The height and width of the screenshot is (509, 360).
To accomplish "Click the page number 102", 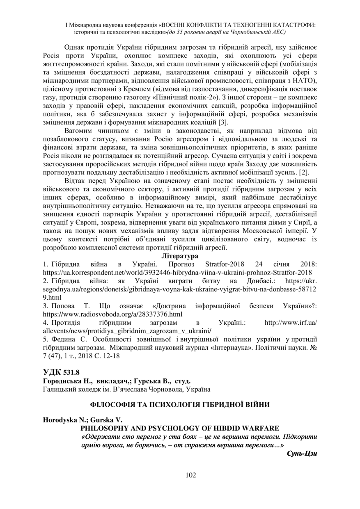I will [x=180, y=475].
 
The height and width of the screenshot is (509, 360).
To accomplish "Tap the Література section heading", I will [x=180, y=256].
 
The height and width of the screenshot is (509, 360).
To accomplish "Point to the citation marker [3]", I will [x=224, y=122].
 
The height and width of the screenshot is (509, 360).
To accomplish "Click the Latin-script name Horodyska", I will [x=61, y=420].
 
